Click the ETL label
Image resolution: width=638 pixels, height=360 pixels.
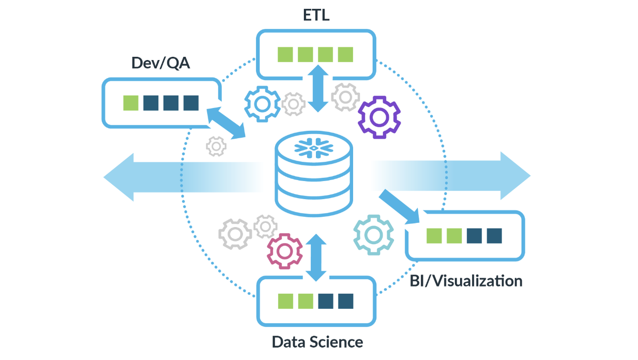point(316,15)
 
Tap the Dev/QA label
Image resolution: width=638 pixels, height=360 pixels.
point(161,63)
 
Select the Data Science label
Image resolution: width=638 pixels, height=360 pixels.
point(317,342)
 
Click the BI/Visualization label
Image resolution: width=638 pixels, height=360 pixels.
point(466,281)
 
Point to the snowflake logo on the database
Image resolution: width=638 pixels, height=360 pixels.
point(314,148)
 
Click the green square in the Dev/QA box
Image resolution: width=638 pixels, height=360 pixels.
point(131,103)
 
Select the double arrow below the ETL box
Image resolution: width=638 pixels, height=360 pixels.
point(318,88)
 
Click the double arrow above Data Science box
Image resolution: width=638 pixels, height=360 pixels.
point(316,258)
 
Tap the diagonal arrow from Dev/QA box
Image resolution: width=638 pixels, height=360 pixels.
point(226,123)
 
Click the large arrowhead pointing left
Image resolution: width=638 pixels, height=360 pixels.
point(119,177)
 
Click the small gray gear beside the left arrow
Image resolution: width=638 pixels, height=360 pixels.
point(216,146)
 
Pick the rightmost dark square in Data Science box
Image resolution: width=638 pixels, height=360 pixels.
point(345,301)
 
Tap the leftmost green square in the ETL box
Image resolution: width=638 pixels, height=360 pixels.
point(285,54)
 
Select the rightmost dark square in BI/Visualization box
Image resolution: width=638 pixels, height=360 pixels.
point(494,236)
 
